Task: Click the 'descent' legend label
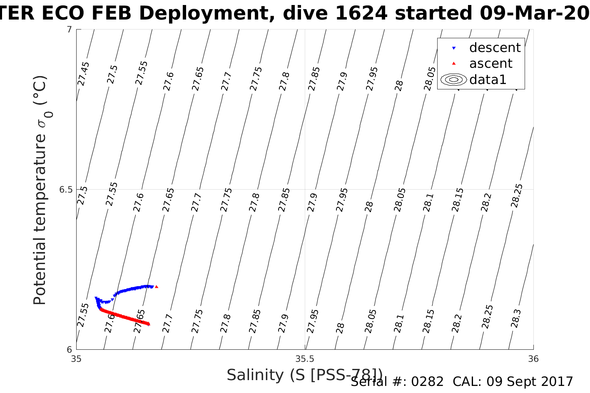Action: pos(495,48)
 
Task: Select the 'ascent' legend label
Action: pos(490,64)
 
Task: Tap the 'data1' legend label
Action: pos(488,79)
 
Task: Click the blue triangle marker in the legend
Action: pos(454,48)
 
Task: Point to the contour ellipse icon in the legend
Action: pos(454,79)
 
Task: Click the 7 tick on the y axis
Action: pos(70,30)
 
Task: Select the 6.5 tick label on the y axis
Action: pos(66,190)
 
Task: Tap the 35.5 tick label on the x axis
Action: pos(305,359)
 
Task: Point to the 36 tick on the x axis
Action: pos(533,359)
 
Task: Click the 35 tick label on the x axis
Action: pos(76,359)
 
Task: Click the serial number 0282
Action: pos(427,382)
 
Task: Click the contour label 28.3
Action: pos(515,319)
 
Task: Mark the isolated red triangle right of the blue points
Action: pos(157,287)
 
